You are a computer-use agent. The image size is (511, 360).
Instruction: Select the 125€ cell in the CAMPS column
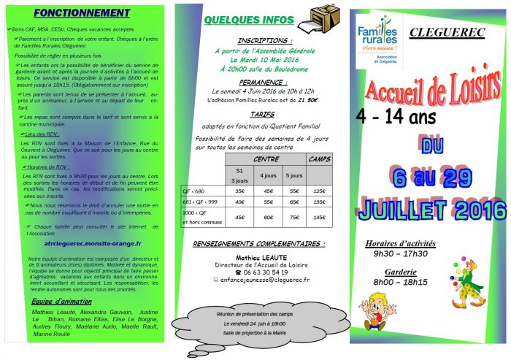coord(319,191)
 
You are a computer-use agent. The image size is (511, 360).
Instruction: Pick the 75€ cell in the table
coord(294,216)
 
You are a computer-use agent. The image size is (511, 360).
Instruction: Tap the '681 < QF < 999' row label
coord(199,202)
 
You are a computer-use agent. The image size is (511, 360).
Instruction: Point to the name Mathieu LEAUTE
coord(259,256)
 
